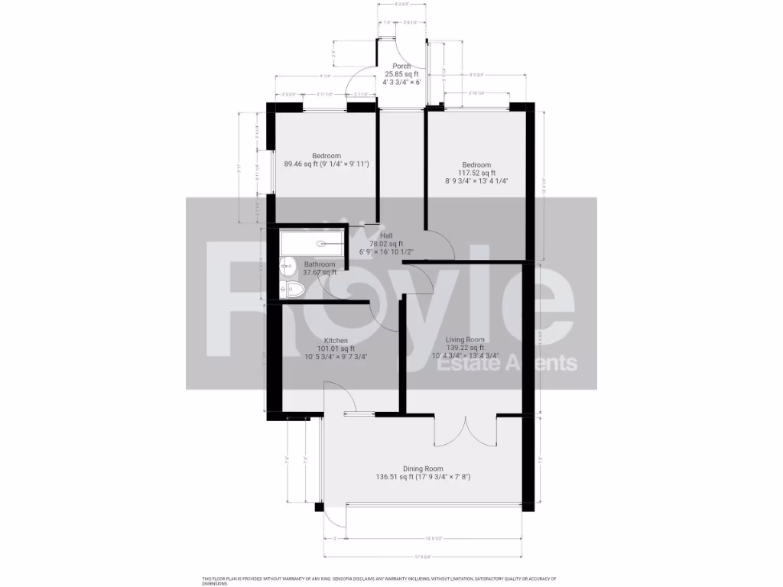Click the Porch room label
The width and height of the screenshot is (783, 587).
point(401,66)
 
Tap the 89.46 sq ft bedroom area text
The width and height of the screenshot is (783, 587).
point(327,164)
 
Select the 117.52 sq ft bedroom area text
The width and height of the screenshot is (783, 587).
point(476,173)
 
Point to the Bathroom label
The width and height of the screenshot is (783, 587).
point(320,264)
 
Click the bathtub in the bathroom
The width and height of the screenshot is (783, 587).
point(313,244)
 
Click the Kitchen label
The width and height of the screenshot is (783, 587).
point(336,341)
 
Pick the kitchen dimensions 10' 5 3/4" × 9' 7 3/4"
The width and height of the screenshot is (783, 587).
point(336,356)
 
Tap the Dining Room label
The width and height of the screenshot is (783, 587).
point(423,469)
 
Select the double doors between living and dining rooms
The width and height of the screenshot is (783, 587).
point(466,431)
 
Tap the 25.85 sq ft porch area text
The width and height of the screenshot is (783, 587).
point(401,74)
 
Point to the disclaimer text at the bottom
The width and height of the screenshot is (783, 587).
point(379,580)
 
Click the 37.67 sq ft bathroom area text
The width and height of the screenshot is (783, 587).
point(320,272)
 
